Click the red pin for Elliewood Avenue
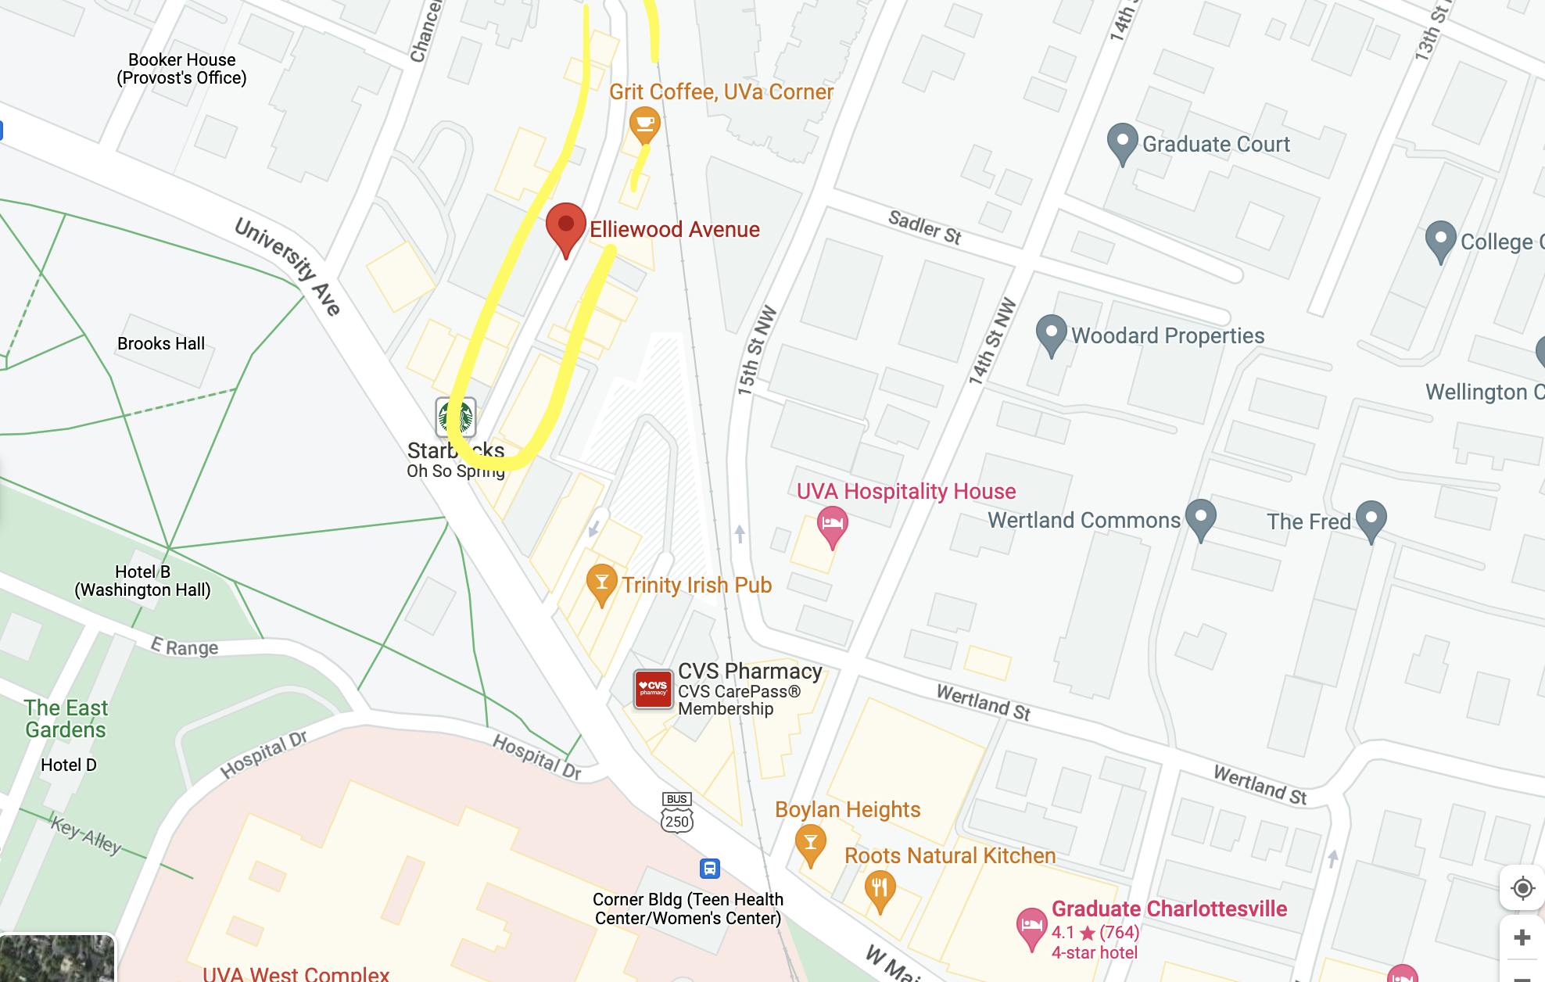(x=565, y=224)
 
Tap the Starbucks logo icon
(x=456, y=417)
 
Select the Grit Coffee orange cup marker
(x=644, y=124)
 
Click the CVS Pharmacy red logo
(x=653, y=689)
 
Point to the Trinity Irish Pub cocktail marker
(x=601, y=582)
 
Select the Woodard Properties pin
(x=1051, y=333)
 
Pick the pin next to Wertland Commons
(x=1200, y=518)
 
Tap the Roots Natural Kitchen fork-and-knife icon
(x=880, y=888)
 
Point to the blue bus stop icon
(x=709, y=868)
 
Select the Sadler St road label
(x=924, y=227)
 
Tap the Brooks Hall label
(x=161, y=343)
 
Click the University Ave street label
(x=288, y=267)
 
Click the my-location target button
(x=1522, y=888)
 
